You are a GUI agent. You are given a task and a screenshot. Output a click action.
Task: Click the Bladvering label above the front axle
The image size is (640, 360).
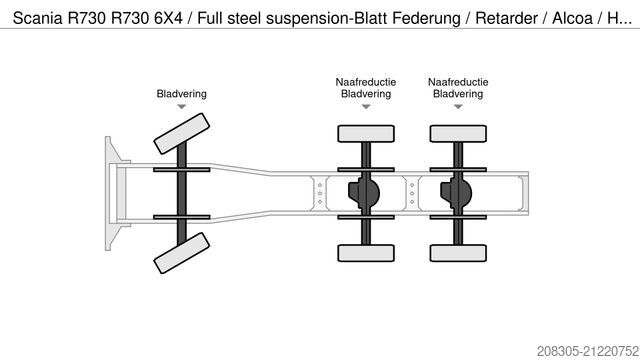tap(181, 95)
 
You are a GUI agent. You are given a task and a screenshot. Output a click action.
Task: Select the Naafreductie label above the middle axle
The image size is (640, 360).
tap(365, 81)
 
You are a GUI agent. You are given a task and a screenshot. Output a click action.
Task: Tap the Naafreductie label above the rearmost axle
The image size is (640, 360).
tap(457, 81)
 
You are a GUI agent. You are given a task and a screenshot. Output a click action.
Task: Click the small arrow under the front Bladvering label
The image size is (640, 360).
tap(181, 108)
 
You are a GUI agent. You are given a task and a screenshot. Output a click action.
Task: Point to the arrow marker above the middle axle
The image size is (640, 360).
tap(365, 108)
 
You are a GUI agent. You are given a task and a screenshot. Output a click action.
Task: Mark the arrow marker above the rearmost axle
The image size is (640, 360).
tap(457, 108)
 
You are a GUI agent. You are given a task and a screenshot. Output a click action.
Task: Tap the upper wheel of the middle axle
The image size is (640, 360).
tap(365, 132)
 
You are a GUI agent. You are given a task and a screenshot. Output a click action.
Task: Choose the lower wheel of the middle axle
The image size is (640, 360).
tap(365, 249)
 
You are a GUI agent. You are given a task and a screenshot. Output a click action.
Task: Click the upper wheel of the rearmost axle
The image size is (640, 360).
tap(457, 132)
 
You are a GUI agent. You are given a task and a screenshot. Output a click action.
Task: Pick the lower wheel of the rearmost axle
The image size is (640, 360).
tap(457, 249)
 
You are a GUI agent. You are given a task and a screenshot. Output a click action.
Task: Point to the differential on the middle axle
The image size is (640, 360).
tap(361, 190)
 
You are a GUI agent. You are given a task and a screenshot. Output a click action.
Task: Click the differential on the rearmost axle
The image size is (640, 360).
tap(453, 190)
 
